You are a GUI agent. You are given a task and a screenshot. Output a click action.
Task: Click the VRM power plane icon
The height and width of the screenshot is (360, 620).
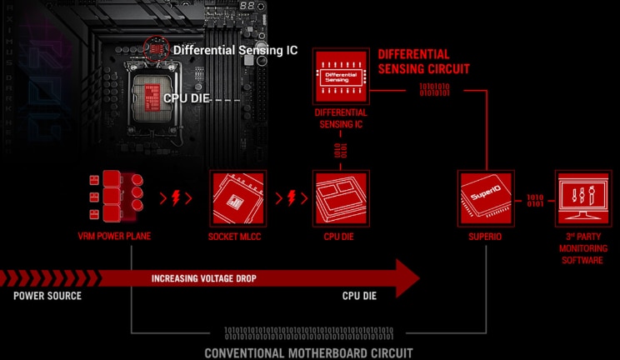pos(114,198)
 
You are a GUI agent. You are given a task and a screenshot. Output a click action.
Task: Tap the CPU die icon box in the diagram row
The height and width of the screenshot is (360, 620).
pos(340,198)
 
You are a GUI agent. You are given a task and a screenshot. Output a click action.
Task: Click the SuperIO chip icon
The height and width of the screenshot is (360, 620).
pos(486,198)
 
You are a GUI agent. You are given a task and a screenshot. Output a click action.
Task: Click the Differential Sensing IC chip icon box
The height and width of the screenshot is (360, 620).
pos(340,76)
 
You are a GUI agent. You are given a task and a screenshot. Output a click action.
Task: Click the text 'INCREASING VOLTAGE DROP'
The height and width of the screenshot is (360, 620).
pos(204,278)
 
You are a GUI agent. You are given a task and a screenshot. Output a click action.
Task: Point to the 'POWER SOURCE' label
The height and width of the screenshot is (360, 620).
pos(47,296)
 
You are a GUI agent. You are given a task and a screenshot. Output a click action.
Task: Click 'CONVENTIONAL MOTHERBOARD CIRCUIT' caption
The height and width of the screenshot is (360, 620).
pos(308,352)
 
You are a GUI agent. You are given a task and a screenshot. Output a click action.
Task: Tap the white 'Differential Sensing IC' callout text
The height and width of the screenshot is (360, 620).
pos(235,50)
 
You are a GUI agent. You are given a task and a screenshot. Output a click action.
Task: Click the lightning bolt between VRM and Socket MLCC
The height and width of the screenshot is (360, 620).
pos(176,198)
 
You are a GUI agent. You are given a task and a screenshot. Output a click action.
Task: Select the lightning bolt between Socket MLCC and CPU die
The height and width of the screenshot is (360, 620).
pos(292,198)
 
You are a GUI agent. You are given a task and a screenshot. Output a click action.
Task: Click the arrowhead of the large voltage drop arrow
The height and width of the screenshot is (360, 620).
pos(406,277)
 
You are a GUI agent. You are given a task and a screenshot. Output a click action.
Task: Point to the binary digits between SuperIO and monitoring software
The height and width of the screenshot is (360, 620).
pos(535,200)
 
